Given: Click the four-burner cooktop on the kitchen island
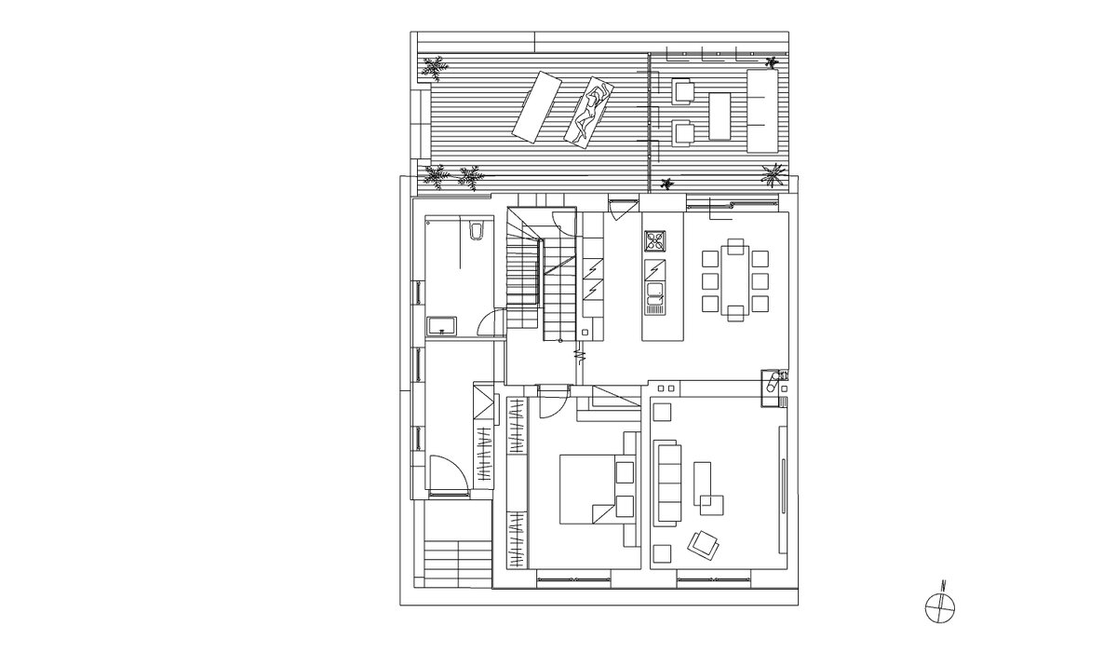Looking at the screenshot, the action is point(654,242).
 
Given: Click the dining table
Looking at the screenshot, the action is point(735,280).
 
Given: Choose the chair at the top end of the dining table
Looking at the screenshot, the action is point(735,247).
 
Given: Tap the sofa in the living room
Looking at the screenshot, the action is point(668,483).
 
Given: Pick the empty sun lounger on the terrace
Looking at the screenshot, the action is point(537,107).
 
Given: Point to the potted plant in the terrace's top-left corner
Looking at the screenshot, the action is point(435,68).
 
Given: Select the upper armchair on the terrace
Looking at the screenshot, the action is point(682,90).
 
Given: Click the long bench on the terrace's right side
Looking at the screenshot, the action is point(762,111).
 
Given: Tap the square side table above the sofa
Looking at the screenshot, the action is point(662,413).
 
